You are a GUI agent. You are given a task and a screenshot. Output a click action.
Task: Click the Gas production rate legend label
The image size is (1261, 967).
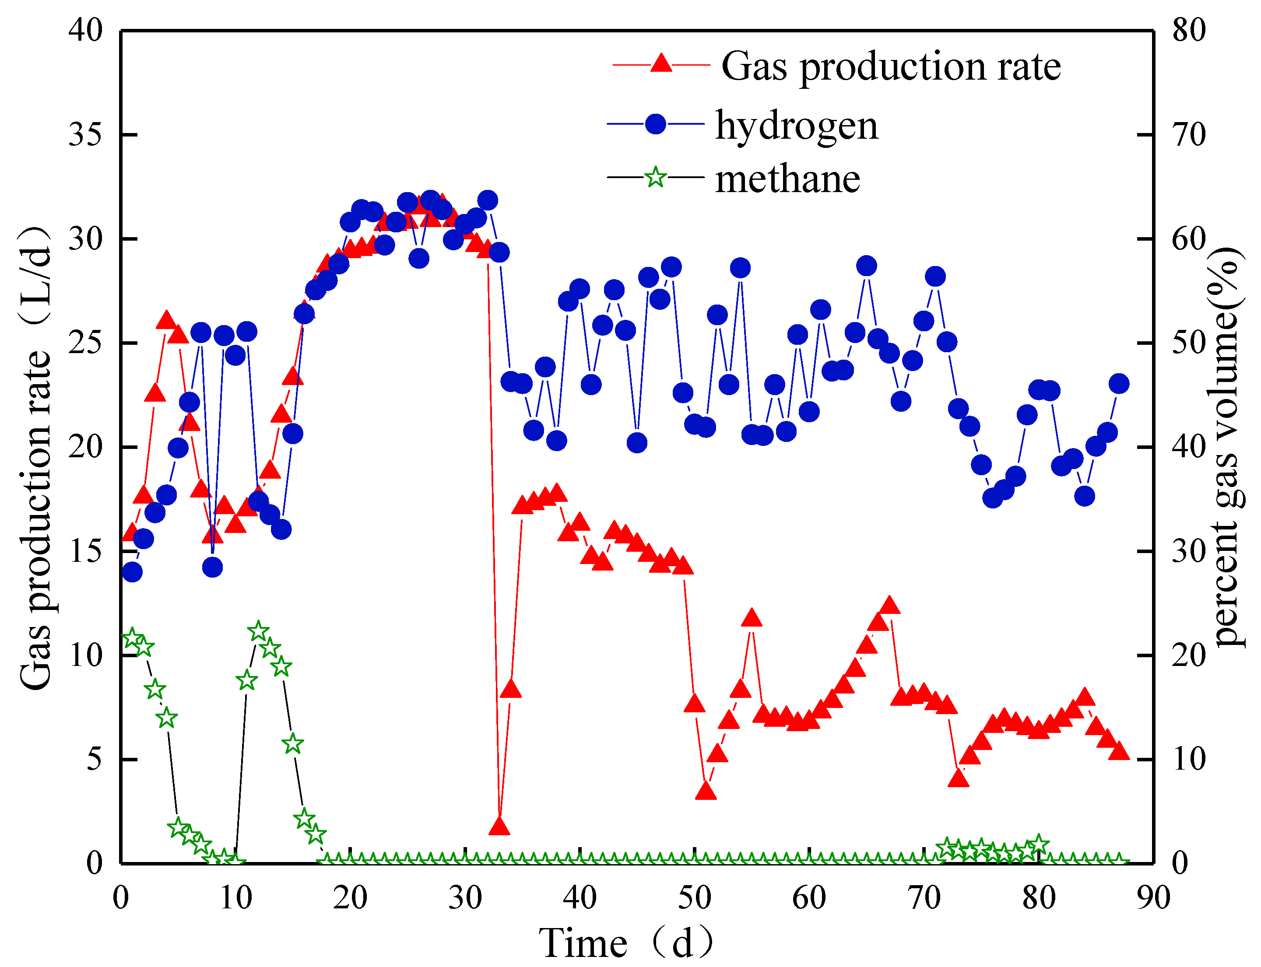(890, 67)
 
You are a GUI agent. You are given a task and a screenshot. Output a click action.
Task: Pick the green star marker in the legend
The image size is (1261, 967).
(655, 177)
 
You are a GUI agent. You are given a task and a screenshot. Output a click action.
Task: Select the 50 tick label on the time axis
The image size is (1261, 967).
(695, 897)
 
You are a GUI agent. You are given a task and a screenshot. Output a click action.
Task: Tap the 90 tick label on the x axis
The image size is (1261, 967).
(1153, 897)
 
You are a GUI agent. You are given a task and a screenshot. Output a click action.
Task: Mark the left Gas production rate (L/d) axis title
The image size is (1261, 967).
(36, 458)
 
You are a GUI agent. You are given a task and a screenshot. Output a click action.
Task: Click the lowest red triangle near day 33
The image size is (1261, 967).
(499, 827)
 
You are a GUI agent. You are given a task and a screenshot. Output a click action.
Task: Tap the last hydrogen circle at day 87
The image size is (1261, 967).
(1119, 383)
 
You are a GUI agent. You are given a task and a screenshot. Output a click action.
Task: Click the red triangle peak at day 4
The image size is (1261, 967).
(166, 321)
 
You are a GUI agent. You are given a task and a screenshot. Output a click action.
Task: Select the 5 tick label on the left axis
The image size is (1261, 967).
(94, 759)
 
